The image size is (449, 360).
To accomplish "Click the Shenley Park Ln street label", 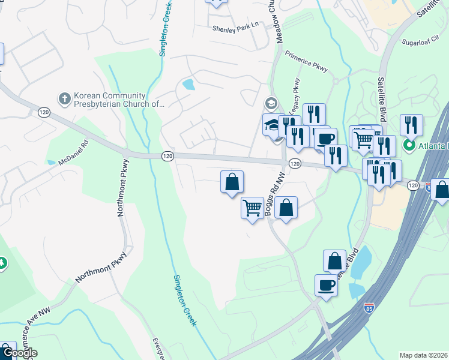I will [238, 27].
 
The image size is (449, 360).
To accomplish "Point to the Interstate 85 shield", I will [369, 309].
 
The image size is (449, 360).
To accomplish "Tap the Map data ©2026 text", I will [423, 355].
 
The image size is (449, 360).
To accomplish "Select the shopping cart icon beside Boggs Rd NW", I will [253, 208].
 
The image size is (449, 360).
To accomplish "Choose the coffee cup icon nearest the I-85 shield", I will [326, 284].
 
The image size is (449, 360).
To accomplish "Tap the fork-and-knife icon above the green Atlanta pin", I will [411, 124].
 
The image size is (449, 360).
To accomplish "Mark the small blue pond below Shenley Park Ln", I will [188, 85].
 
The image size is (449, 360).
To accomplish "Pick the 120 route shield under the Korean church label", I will [43, 112].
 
